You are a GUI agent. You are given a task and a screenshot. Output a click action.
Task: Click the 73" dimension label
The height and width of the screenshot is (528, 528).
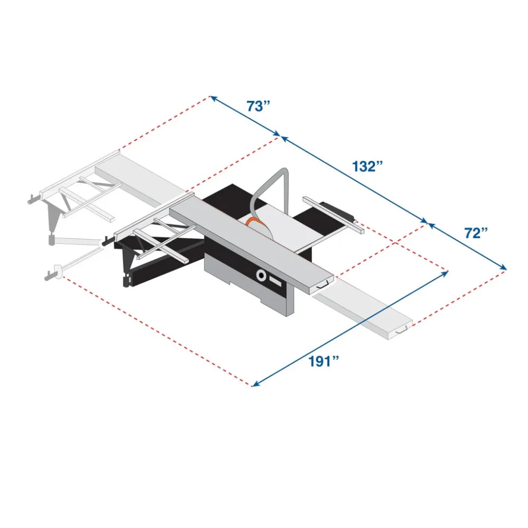[x=258, y=106]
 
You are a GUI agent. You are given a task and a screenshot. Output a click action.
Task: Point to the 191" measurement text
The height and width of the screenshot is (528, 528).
[x=324, y=361]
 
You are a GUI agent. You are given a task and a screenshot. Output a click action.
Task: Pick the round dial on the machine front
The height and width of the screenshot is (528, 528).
[x=261, y=274]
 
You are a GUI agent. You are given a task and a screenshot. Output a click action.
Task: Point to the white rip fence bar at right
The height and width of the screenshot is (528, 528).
[x=333, y=214]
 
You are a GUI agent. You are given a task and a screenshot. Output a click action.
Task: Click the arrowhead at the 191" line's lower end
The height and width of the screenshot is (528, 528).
[x=254, y=384]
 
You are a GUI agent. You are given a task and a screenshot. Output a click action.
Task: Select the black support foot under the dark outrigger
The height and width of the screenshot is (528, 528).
[x=126, y=280]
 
